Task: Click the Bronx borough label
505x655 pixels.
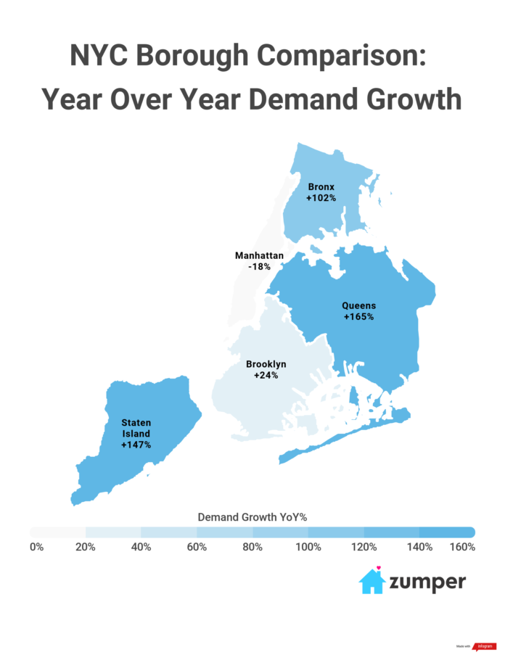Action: click(x=321, y=186)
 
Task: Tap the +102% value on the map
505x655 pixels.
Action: click(x=321, y=197)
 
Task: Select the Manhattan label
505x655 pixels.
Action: click(x=259, y=255)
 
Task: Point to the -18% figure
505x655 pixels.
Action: click(x=259, y=267)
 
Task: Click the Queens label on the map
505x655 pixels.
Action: click(x=359, y=305)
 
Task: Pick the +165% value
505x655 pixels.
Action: click(x=359, y=317)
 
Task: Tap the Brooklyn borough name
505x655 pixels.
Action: click(x=266, y=363)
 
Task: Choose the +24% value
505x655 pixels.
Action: click(x=266, y=375)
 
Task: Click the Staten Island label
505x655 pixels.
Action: click(x=136, y=427)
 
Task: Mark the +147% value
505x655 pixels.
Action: click(x=136, y=445)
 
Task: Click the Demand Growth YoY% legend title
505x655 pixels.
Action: click(x=252, y=516)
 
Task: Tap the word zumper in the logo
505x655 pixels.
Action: click(x=428, y=582)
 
